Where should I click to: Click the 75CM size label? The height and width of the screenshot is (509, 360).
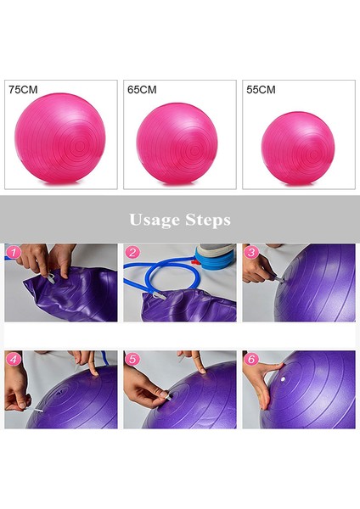click(x=23, y=88)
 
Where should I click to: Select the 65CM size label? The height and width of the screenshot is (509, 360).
click(x=142, y=88)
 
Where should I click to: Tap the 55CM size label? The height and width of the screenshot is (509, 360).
click(x=261, y=88)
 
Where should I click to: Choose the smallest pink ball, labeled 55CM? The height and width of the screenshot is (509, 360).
click(x=297, y=148)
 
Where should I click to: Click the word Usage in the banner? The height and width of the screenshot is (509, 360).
click(x=153, y=220)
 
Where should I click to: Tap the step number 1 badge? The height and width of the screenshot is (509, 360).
click(x=12, y=252)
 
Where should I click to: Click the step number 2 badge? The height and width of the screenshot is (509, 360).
click(x=132, y=252)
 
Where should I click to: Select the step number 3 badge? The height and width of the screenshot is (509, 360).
click(x=250, y=252)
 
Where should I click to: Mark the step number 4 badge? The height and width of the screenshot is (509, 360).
click(x=12, y=359)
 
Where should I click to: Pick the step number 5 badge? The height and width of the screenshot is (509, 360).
click(x=132, y=359)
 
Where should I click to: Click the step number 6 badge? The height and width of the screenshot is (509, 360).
click(x=250, y=359)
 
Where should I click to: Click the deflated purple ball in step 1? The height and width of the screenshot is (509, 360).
click(x=64, y=297)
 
